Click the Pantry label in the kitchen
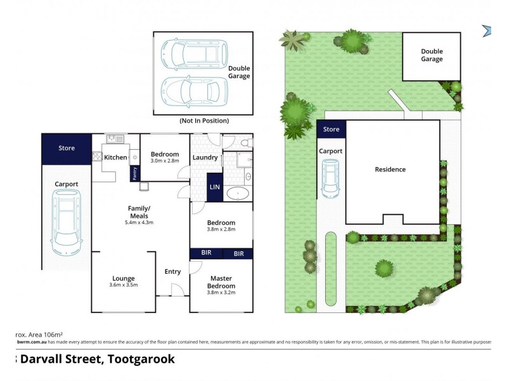click(x=134, y=173)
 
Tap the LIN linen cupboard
click(x=214, y=187)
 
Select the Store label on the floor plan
click(x=67, y=148)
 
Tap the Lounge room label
click(x=124, y=278)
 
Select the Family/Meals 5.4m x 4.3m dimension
click(x=139, y=223)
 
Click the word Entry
click(x=172, y=272)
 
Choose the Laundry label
click(x=205, y=157)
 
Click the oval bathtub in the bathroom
click(x=238, y=194)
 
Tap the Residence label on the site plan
click(x=390, y=170)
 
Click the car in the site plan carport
click(x=330, y=178)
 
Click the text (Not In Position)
click(x=203, y=121)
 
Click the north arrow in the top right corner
click(x=487, y=30)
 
